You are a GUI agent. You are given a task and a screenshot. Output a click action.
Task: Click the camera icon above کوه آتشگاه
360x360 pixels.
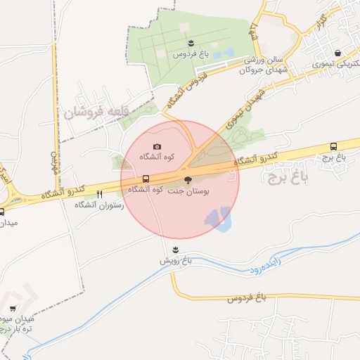(156, 146)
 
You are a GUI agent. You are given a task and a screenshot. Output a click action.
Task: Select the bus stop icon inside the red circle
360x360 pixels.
(146, 179)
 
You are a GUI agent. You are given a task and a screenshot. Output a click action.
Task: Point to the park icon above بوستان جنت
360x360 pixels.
(186, 180)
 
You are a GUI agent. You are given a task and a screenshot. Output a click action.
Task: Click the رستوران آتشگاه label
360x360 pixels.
(99, 205)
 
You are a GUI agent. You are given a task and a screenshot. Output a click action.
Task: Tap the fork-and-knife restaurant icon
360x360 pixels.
(100, 194)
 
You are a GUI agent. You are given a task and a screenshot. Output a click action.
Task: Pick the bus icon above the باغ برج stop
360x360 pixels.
(333, 147)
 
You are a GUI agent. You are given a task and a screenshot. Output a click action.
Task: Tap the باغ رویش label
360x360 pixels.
(174, 261)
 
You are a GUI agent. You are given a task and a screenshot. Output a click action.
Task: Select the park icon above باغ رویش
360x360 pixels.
(174, 250)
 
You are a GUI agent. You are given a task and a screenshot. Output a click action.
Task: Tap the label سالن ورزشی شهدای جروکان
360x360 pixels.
(264, 65)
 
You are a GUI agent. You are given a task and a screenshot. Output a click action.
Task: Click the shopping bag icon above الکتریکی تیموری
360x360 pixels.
(338, 53)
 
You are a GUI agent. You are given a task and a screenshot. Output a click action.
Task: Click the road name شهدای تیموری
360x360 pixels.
(244, 108)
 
